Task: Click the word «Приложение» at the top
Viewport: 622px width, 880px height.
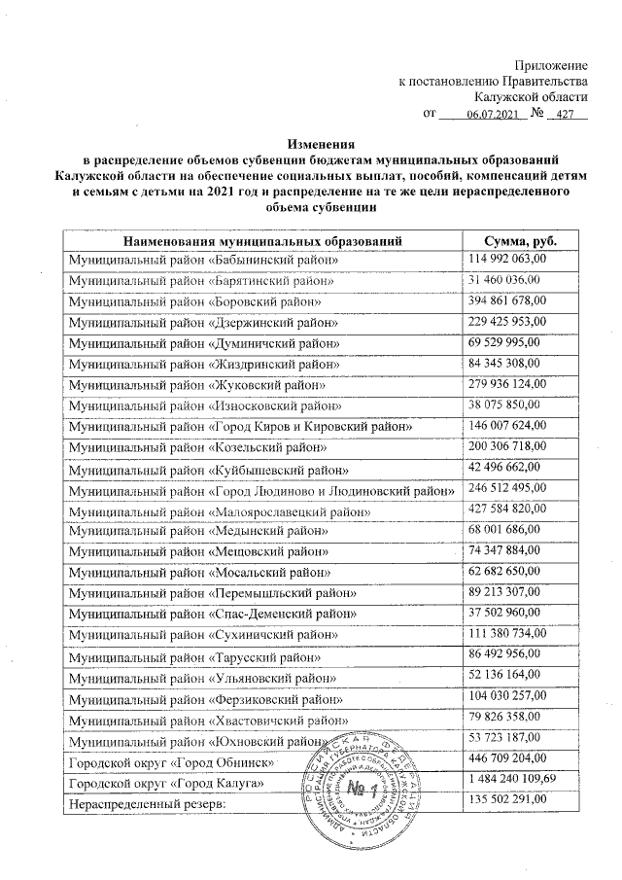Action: coord(550,63)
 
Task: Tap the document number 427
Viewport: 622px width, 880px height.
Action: coord(562,115)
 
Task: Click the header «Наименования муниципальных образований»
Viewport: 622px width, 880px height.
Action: coord(262,240)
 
